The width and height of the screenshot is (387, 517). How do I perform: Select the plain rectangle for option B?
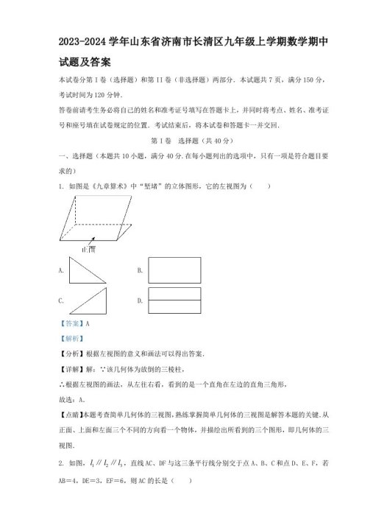pos(174,270)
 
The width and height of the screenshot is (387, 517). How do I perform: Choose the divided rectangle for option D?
pos(174,300)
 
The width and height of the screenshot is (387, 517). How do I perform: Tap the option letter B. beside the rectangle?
pos(140,271)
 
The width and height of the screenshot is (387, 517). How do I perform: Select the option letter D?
pos(140,301)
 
